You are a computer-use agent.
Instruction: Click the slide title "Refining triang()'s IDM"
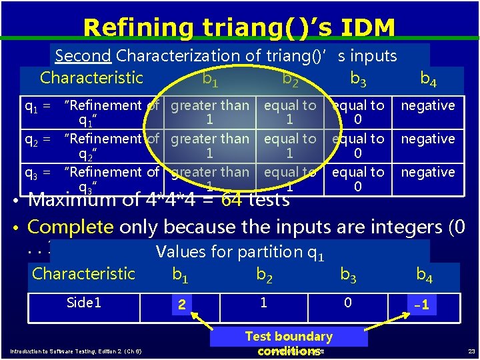coord(239,27)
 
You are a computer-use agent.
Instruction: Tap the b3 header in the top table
coord(358,79)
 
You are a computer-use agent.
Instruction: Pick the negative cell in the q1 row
coord(427,105)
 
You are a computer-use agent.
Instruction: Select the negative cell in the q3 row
coord(427,172)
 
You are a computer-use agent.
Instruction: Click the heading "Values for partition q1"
coord(239,251)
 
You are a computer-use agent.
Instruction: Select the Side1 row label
coord(84,303)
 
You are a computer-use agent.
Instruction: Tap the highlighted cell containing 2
coord(181,305)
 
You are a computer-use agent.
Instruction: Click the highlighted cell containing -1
coord(421,305)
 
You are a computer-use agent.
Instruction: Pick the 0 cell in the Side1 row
coord(347,303)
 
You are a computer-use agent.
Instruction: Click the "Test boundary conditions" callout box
coord(288,343)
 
